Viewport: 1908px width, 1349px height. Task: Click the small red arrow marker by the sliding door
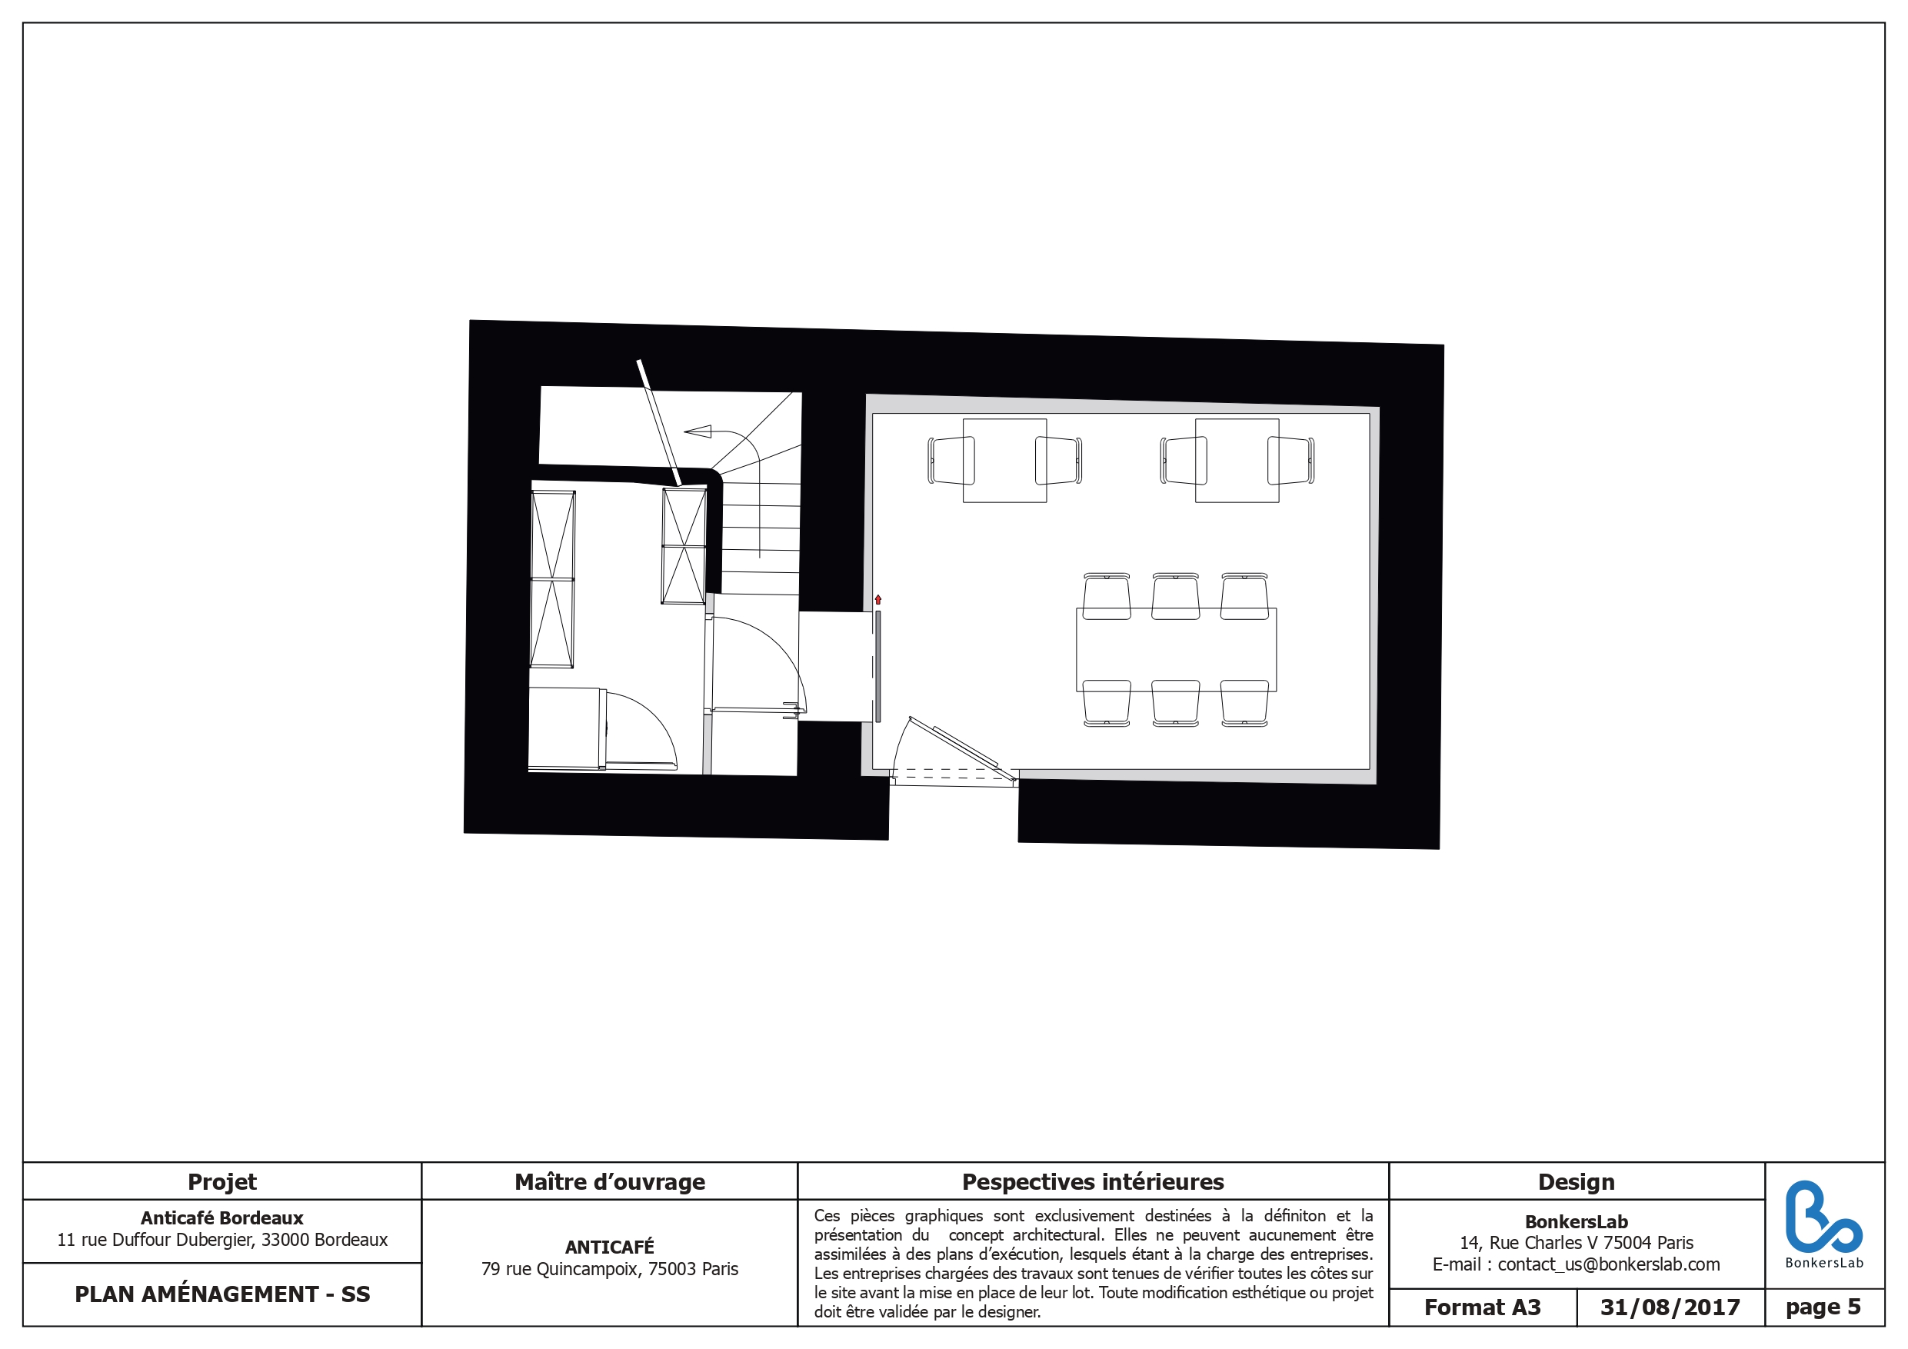(877, 599)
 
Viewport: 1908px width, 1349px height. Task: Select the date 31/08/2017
(1670, 1307)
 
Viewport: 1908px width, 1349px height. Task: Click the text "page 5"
(1823, 1307)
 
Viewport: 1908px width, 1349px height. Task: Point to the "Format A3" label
(1483, 1307)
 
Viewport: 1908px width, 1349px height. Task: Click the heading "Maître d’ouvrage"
(609, 1182)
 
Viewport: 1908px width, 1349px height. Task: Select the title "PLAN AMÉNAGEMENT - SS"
(222, 1294)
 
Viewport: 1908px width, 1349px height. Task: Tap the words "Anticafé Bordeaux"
(222, 1217)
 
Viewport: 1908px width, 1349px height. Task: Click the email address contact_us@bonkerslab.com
(1609, 1264)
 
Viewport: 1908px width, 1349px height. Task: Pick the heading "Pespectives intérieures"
(1093, 1182)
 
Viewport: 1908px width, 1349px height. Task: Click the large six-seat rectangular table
(1176, 650)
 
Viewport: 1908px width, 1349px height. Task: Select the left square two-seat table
(1004, 461)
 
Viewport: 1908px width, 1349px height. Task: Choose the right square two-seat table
(1237, 461)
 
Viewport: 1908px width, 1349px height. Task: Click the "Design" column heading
(1576, 1182)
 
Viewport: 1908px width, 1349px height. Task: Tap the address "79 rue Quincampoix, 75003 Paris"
(609, 1269)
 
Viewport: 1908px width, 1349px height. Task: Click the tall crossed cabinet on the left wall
(553, 579)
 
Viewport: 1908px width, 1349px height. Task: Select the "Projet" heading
(222, 1182)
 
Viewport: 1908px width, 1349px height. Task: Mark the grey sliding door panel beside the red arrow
(877, 667)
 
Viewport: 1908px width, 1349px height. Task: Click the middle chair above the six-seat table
(1175, 596)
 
